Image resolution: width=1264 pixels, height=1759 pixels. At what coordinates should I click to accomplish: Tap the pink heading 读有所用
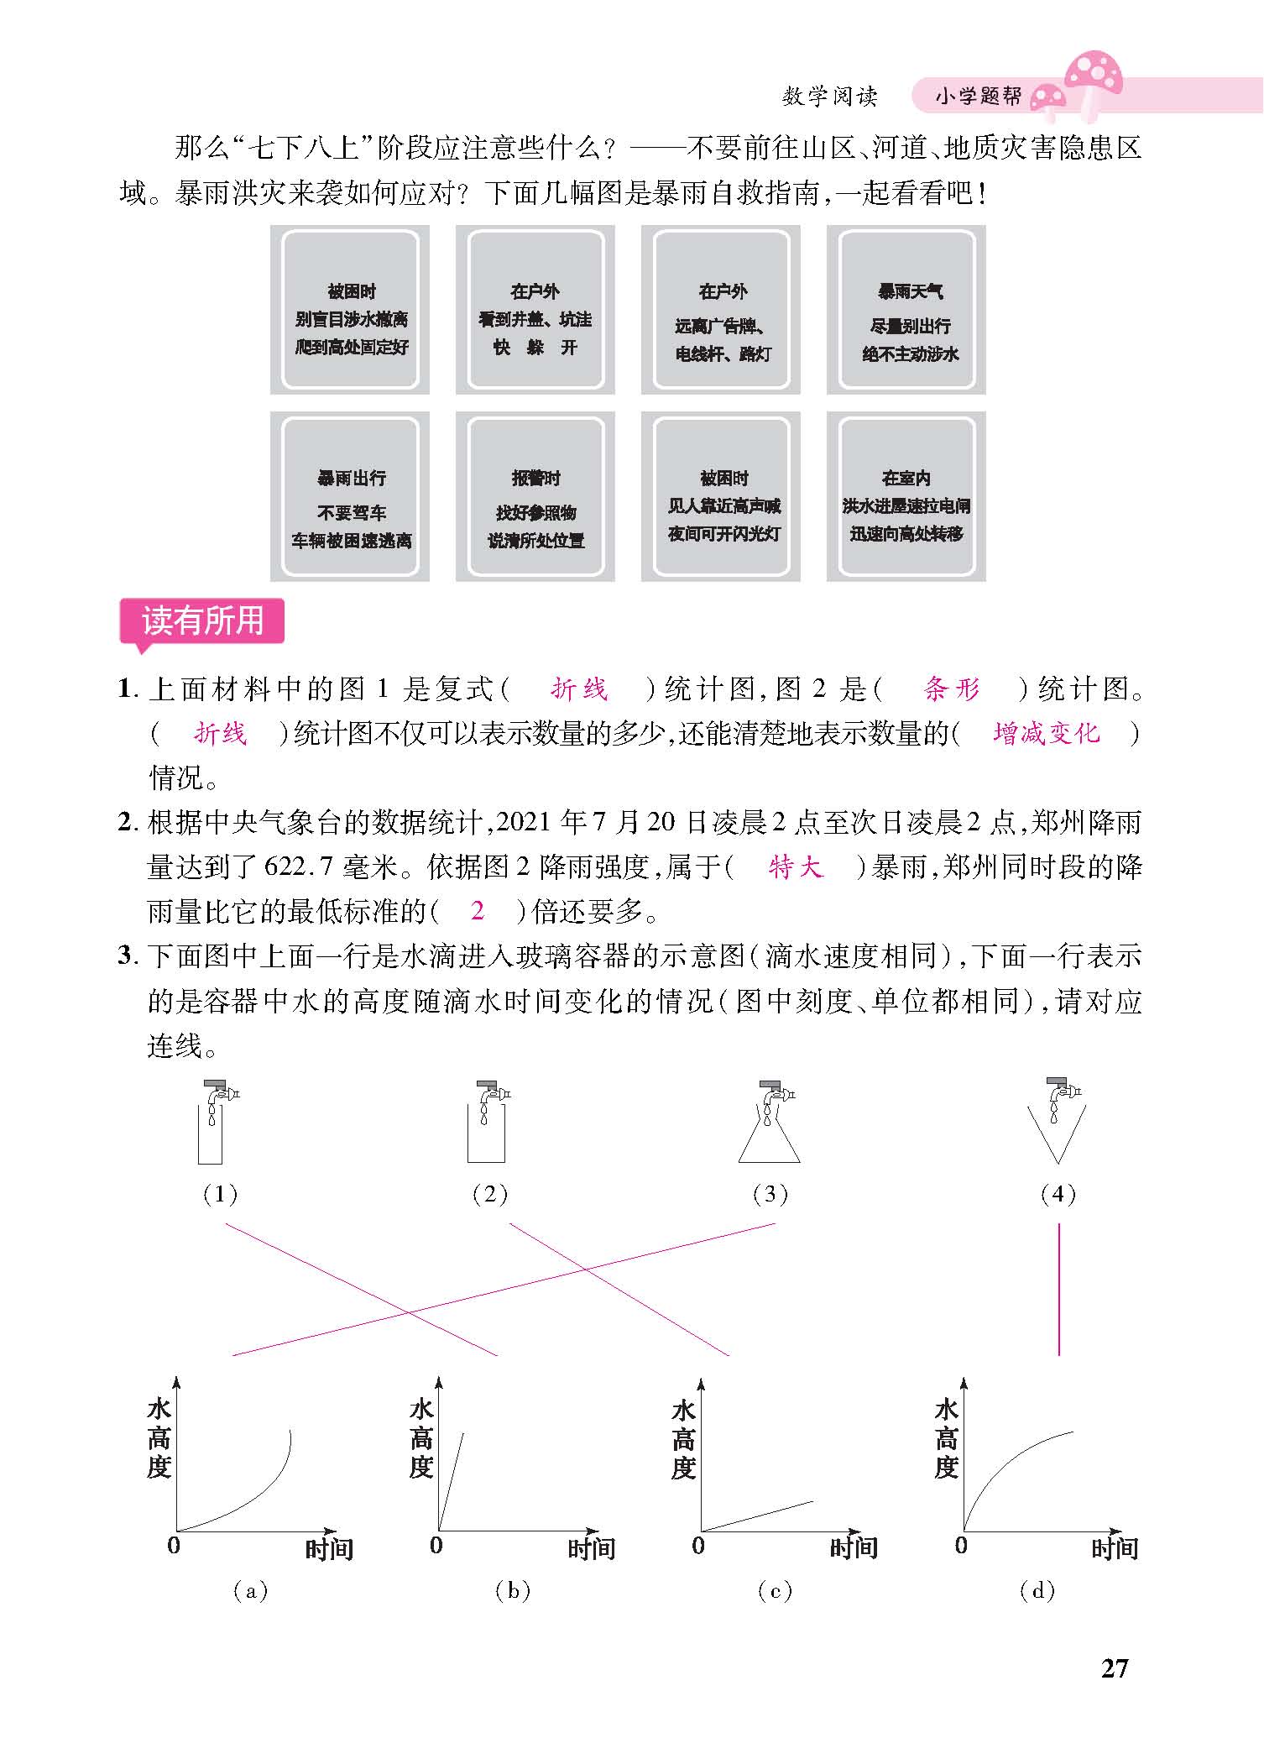[x=202, y=621]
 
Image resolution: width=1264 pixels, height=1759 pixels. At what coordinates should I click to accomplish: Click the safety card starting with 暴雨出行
[x=350, y=496]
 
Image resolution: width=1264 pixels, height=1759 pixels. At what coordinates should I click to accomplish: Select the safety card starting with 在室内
[x=906, y=496]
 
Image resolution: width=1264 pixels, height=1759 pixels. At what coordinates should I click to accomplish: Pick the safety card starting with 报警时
[x=535, y=496]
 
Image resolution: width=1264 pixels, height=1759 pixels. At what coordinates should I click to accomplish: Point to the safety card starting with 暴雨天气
[x=906, y=310]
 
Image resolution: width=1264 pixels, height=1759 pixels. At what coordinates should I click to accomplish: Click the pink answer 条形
[x=952, y=689]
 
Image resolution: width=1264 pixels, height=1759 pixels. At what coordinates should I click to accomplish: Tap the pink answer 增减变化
[x=1046, y=733]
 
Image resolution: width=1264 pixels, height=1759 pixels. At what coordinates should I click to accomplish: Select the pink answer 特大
[x=796, y=866]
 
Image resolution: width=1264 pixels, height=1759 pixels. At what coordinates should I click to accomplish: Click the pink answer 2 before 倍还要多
[x=478, y=910]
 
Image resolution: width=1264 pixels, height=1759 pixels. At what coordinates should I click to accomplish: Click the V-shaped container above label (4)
[x=1057, y=1133]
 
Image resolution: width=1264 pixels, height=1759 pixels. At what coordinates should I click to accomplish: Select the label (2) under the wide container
[x=490, y=1194]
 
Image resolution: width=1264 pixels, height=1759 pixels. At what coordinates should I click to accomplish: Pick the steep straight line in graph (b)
[x=451, y=1481]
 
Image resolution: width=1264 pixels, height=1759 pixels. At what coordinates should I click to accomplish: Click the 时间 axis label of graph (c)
[x=854, y=1548]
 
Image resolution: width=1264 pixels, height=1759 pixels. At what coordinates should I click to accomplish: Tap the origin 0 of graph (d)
[x=961, y=1545]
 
